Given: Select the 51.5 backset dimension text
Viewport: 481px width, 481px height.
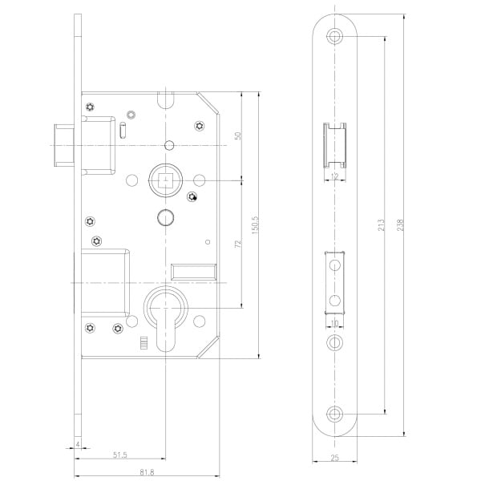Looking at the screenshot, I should click(119, 455).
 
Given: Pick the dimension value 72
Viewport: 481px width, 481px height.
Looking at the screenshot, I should click(238, 244).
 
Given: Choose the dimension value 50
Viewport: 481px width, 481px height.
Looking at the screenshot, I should click(238, 136).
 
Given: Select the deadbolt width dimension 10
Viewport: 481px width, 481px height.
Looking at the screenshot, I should click(334, 325).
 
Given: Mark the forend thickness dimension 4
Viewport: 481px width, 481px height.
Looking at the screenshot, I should click(77, 443).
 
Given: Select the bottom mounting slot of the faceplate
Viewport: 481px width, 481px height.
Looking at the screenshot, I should click(334, 414).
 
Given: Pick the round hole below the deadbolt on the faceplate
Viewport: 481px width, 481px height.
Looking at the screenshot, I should click(334, 342).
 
